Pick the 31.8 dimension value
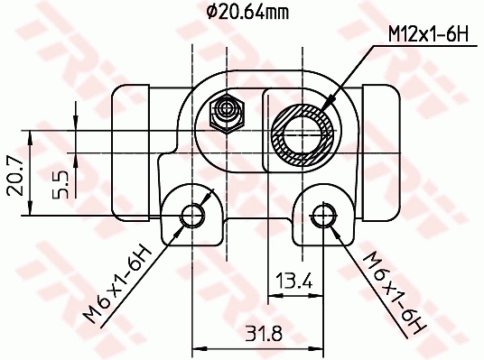tap(263, 333)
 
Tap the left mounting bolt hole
tap(191, 215)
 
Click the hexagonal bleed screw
tap(227, 113)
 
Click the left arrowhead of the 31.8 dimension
tap(198, 345)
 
